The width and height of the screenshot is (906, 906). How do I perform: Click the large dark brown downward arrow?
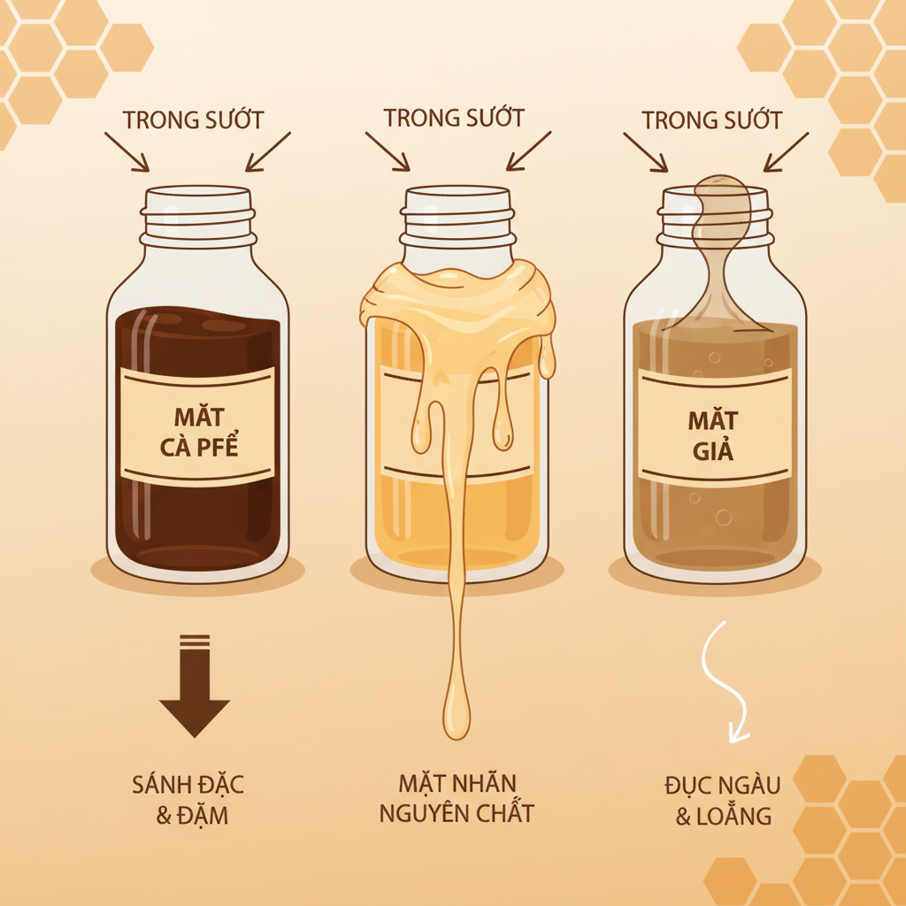pyautogui.click(x=195, y=686)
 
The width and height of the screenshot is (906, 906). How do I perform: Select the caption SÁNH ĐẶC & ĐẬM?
pyautogui.click(x=188, y=800)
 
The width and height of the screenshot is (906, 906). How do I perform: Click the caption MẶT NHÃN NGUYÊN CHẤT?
pyautogui.click(x=457, y=799)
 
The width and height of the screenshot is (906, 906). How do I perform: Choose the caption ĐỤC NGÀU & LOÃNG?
pyautogui.click(x=723, y=801)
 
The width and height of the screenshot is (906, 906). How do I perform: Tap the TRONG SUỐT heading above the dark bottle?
pyautogui.click(x=193, y=119)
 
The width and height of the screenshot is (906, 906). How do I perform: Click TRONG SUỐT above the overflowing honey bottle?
pyautogui.click(x=454, y=118)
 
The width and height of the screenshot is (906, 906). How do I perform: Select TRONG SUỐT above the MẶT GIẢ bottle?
pyautogui.click(x=712, y=119)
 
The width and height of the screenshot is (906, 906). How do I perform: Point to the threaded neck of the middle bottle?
pyautogui.click(x=457, y=217)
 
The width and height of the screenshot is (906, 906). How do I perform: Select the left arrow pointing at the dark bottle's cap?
pyautogui.click(x=127, y=152)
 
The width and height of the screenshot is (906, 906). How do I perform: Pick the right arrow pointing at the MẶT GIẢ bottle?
pyautogui.click(x=786, y=152)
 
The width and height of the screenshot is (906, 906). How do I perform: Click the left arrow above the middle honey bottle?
pyautogui.click(x=388, y=151)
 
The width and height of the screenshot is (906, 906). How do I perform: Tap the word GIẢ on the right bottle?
pyautogui.click(x=713, y=449)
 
